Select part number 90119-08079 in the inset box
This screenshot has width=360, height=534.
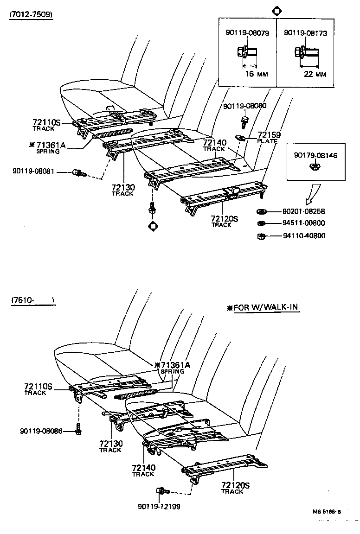(247, 33)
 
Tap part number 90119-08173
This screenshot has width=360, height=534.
(305, 33)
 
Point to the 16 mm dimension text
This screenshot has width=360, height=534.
(256, 74)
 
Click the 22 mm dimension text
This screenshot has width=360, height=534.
(314, 74)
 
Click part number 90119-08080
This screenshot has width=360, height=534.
(244, 106)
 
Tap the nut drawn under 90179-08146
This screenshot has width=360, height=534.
(314, 166)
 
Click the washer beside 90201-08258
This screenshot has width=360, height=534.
(261, 212)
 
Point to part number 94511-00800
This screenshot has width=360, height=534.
(304, 223)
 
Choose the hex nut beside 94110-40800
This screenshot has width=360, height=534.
(261, 236)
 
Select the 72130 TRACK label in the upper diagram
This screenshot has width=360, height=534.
(123, 190)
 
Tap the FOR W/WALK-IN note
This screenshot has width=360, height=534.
(263, 308)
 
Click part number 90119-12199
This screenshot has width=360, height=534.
(159, 506)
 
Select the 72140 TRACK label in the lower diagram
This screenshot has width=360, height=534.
(143, 470)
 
